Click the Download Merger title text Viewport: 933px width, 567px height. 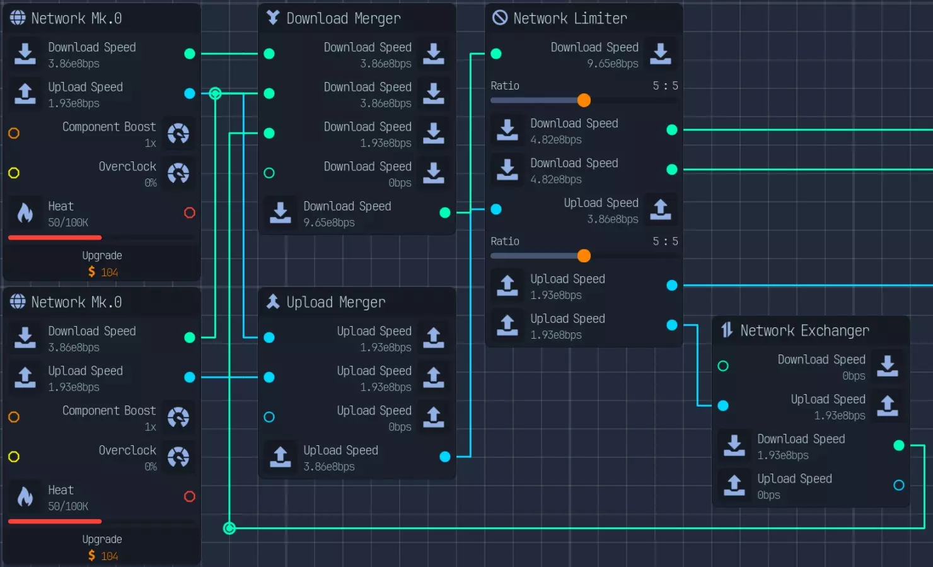coord(343,18)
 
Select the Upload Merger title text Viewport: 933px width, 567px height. coord(335,302)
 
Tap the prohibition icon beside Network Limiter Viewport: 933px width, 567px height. coord(500,18)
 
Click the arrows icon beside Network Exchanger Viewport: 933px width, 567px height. coord(727,330)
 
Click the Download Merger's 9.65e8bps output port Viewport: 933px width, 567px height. coord(445,213)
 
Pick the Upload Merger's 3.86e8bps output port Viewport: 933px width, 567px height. coord(445,457)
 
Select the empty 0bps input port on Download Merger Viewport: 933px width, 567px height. coord(269,173)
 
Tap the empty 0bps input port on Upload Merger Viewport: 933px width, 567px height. coord(269,417)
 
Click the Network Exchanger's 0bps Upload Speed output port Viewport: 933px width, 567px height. coord(899,485)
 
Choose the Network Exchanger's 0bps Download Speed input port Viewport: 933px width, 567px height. coord(723,366)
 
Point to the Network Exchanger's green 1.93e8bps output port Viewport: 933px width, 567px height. coord(899,445)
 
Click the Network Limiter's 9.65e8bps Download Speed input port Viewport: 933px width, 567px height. coord(496,54)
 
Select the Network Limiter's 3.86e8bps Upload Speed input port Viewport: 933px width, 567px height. coord(496,209)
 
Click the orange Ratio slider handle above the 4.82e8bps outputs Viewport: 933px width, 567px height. coord(584,100)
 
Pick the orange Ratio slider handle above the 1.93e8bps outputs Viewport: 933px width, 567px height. coord(584,255)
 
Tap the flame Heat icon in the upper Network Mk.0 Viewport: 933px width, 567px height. coord(25,213)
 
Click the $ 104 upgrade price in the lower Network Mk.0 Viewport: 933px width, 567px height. coord(103,556)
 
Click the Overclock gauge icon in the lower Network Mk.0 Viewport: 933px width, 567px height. coord(178,457)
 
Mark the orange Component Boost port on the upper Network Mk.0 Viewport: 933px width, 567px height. coord(14,133)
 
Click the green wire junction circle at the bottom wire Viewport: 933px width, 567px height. coord(229,528)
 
